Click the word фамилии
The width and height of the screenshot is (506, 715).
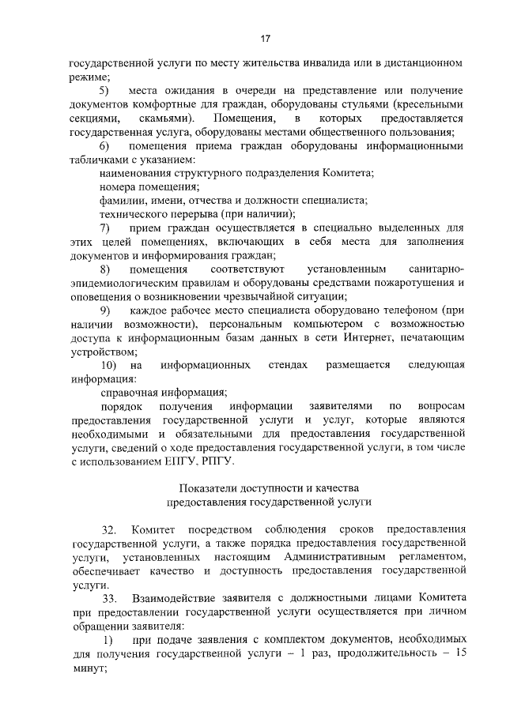tap(119, 201)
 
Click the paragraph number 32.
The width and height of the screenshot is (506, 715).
tap(108, 529)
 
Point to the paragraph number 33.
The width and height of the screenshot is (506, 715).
tap(108, 597)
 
